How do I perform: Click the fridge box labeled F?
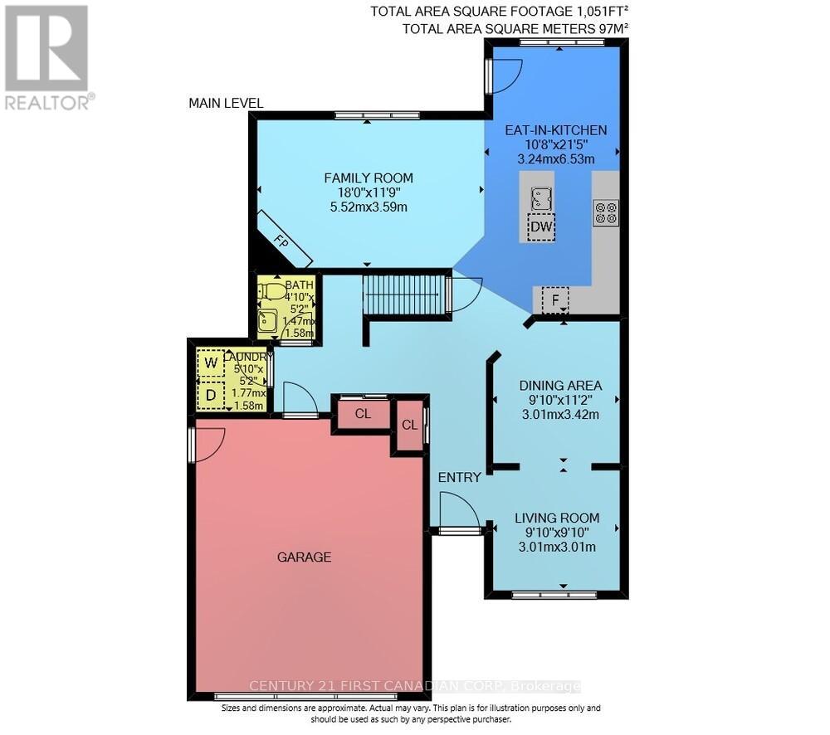pos(554,299)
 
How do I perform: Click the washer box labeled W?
pos(210,363)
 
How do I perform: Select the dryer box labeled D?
pos(210,395)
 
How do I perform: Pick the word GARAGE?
pos(304,557)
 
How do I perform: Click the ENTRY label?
pos(459,477)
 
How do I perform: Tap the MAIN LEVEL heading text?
pos(226,104)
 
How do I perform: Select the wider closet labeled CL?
pos(362,413)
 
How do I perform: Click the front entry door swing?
pos(454,509)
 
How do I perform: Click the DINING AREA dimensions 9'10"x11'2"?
pos(559,400)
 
